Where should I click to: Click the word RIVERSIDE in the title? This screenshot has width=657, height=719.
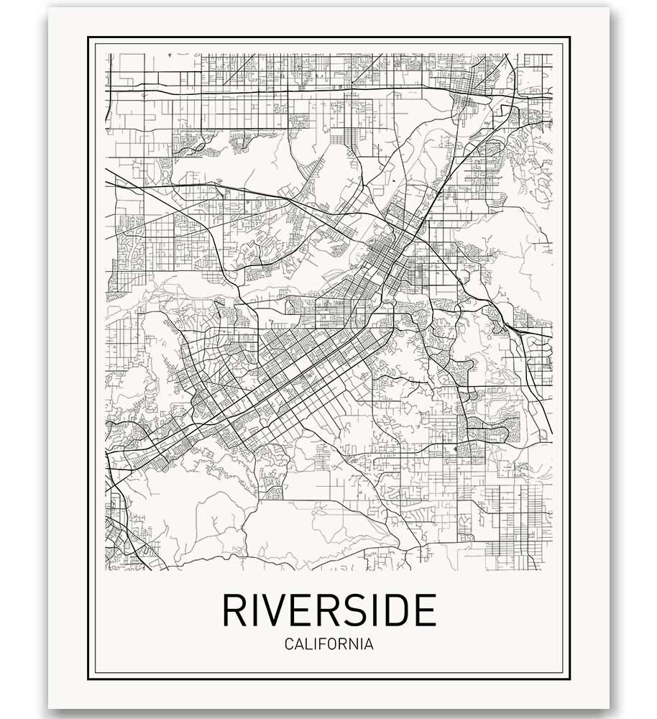(328, 610)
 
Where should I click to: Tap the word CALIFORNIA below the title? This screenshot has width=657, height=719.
(328, 644)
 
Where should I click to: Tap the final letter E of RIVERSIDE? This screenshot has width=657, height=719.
(425, 610)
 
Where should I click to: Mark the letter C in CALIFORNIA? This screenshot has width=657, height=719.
(289, 644)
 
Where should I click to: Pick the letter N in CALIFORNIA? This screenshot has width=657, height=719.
(352, 644)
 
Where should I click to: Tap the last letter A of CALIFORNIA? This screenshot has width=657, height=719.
(369, 644)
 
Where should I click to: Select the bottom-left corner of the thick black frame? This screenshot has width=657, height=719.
(88, 679)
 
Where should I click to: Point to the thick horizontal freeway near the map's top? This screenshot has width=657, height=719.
(288, 89)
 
